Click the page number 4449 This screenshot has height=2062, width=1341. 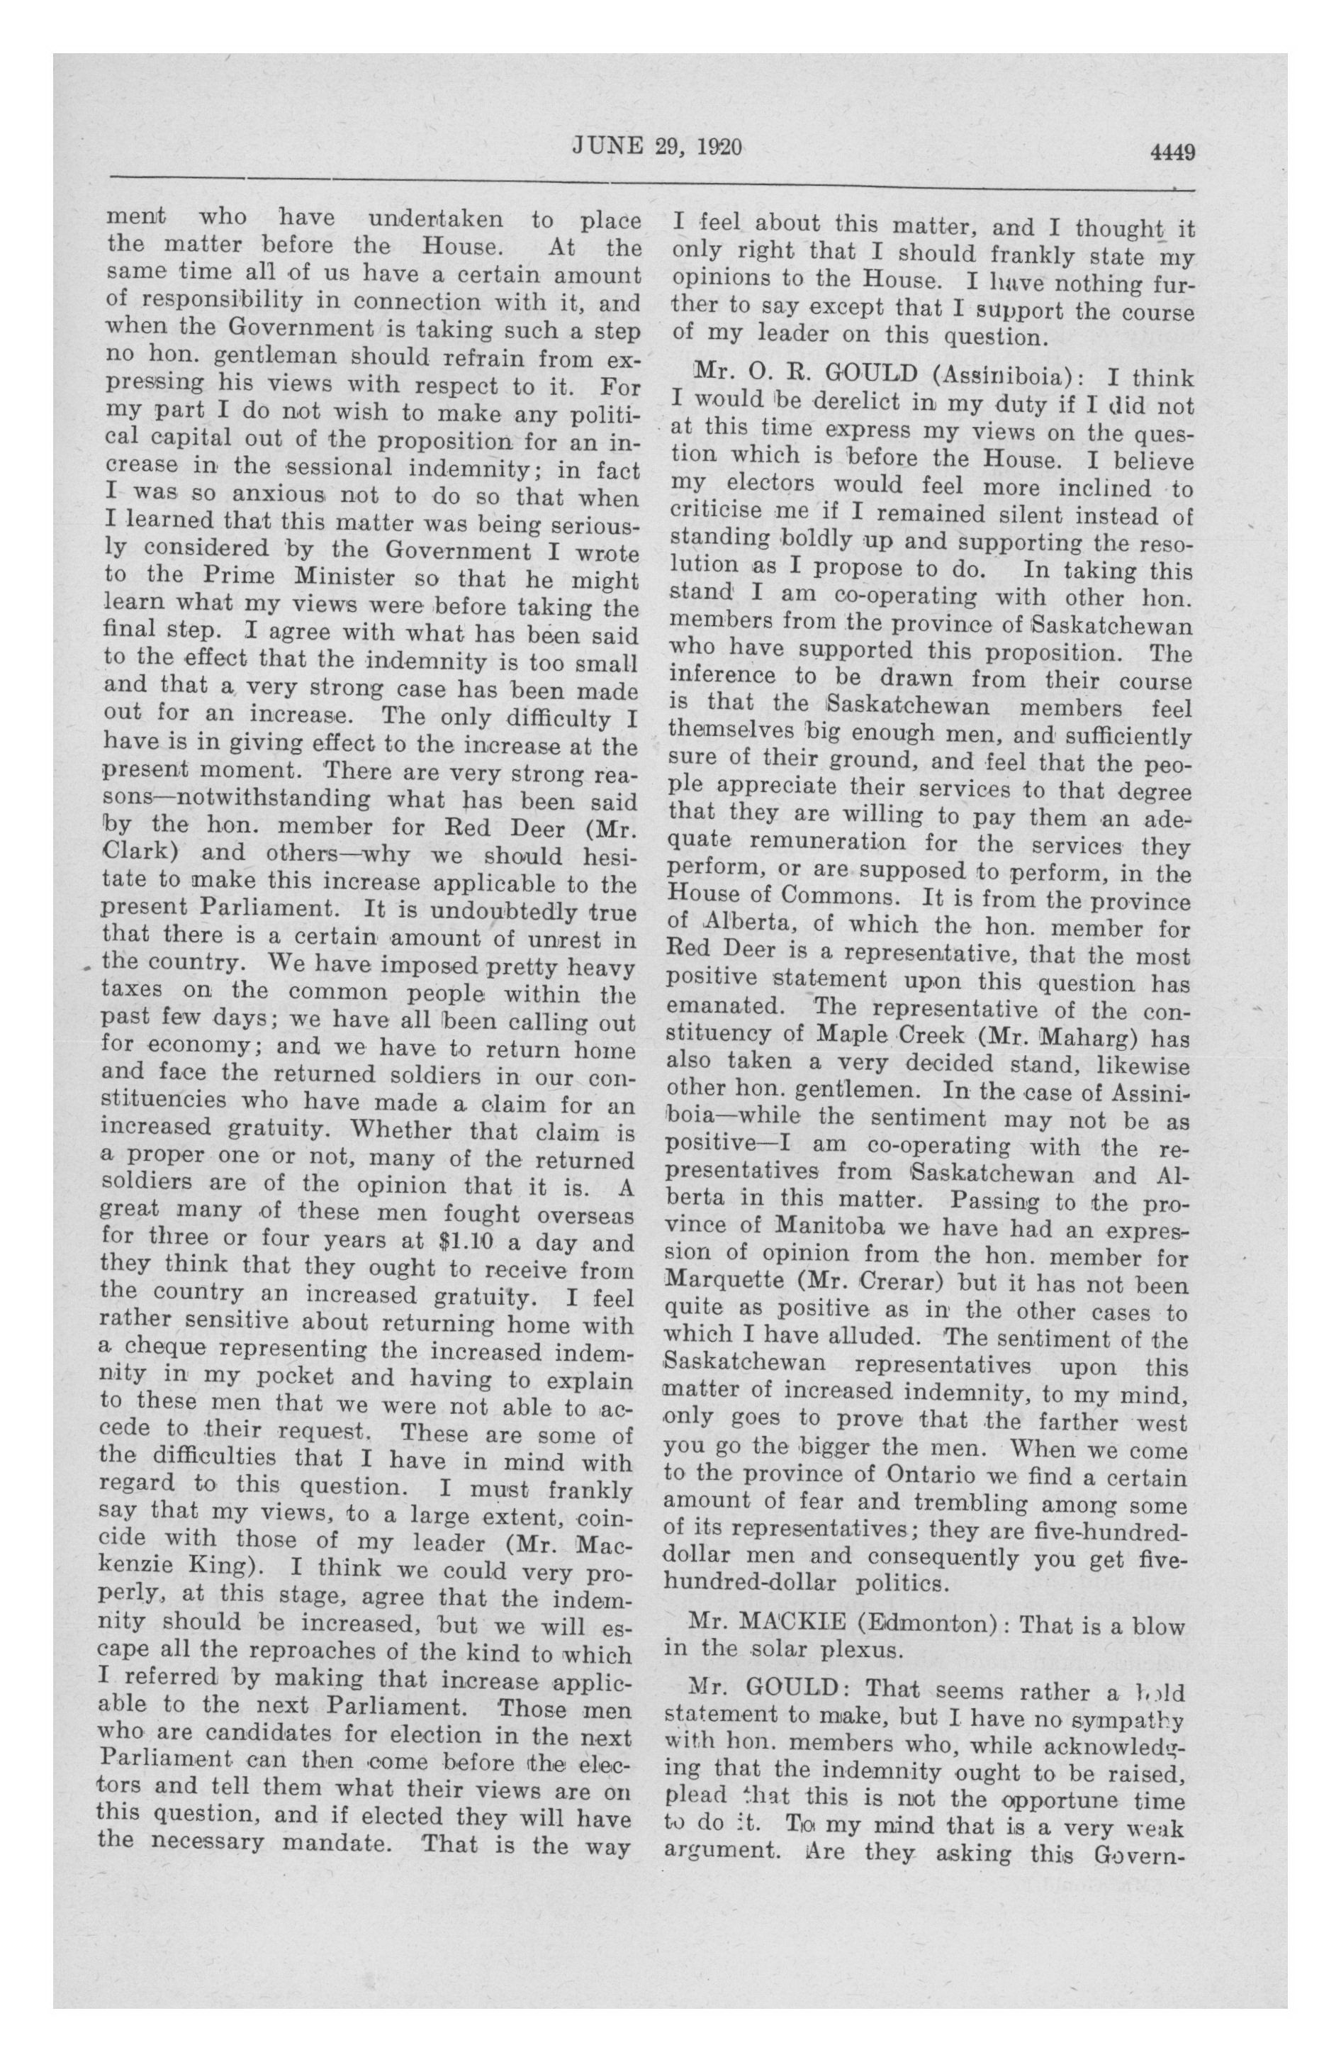1173,152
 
